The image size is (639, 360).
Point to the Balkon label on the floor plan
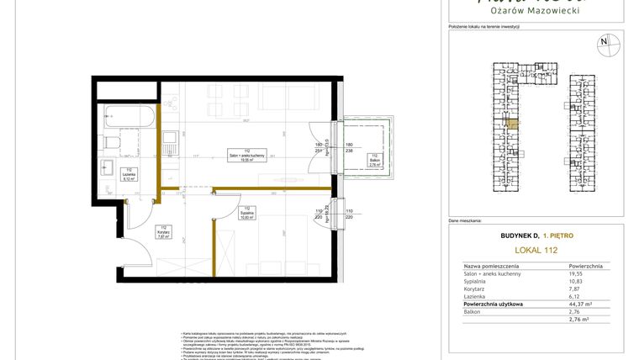click(375, 161)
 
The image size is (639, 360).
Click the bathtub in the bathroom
click(130, 118)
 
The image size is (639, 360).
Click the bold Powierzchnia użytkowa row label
click(493, 304)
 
